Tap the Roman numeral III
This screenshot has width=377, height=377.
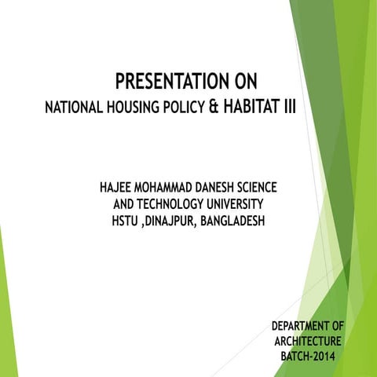pyautogui.click(x=288, y=106)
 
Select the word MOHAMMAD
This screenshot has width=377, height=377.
pyautogui.click(x=171, y=189)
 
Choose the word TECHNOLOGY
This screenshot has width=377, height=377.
pyautogui.click(x=173, y=206)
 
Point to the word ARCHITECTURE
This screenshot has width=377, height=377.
pyautogui.click(x=307, y=342)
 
